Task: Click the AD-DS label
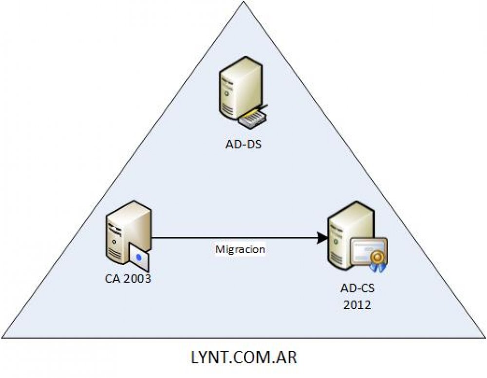pos(242,144)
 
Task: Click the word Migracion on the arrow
pos(240,250)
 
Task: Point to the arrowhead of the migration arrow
pos(321,238)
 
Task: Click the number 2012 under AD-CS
pos(357,306)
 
